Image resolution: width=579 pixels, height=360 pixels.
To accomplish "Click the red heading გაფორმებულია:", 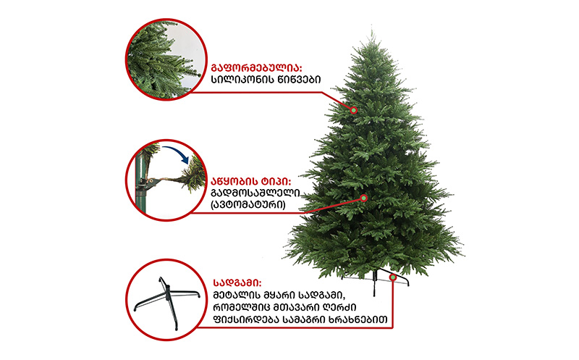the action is pyautogui.click(x=257, y=68).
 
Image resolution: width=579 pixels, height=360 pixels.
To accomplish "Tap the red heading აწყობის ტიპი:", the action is pyautogui.click(x=250, y=182).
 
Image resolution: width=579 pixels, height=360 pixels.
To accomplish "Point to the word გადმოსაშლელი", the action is pyautogui.click(x=255, y=193).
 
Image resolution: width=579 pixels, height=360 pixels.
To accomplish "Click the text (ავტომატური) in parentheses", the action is pyautogui.click(x=248, y=204).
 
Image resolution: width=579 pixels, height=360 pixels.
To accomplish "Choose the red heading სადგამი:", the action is pyautogui.click(x=237, y=283).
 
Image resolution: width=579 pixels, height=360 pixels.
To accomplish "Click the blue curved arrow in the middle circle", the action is pyautogui.click(x=176, y=153).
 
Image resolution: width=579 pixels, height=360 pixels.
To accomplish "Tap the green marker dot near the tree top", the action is pyautogui.click(x=353, y=110).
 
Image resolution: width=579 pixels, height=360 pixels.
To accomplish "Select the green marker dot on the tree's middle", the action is pyautogui.click(x=364, y=198).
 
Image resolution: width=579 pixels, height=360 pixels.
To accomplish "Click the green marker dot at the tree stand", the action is pyautogui.click(x=393, y=277).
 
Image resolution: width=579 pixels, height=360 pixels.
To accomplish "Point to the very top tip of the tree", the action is pyautogui.click(x=371, y=26).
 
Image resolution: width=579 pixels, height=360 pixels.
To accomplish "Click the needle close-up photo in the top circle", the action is pyautogui.click(x=165, y=59).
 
